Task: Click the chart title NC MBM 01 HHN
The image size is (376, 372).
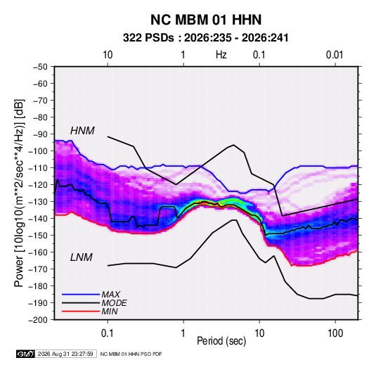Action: point(206,20)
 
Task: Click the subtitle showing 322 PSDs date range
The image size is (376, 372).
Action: point(205,38)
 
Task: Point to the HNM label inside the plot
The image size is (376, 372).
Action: point(82,131)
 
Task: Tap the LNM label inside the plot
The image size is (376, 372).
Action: point(82,257)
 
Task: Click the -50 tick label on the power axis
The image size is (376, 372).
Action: point(40,67)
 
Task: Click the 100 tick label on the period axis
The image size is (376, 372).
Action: point(335,333)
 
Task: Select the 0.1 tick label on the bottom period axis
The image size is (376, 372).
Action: point(108,333)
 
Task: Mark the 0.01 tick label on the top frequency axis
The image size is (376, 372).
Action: point(335,55)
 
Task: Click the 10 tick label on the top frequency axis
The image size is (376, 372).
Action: point(108,55)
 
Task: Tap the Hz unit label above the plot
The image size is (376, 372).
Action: point(221,55)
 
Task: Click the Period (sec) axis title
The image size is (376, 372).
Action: point(221,341)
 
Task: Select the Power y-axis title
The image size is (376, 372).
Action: point(19,193)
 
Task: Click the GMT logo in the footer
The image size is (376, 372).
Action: point(25,354)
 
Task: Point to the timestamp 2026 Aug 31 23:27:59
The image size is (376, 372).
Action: point(65,354)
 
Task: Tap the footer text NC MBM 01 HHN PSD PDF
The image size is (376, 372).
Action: point(131,354)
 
